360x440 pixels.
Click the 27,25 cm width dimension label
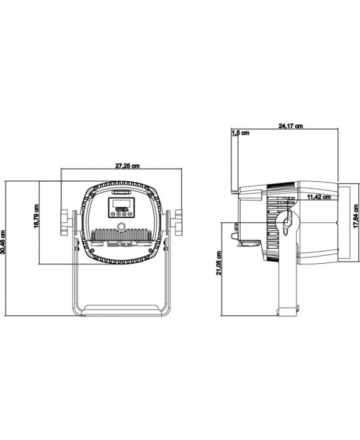point(127,166)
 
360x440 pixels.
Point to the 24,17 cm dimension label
point(290,126)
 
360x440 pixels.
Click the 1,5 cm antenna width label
point(240,133)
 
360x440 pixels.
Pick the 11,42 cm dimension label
point(319,197)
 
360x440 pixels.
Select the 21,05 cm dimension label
point(219,263)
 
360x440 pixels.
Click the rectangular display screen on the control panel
point(121,203)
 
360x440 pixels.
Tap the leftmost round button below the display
point(113,214)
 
